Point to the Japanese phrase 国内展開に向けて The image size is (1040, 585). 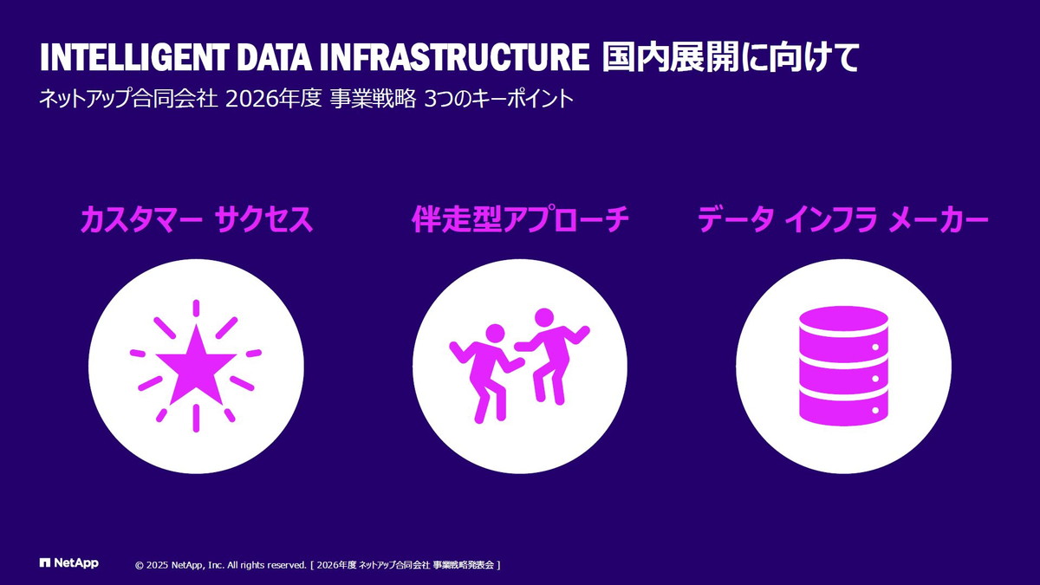click(731, 57)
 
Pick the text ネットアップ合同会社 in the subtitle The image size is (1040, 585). click(127, 99)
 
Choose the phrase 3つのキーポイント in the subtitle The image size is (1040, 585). click(499, 99)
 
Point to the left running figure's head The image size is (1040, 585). click(495, 334)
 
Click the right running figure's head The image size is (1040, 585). click(544, 317)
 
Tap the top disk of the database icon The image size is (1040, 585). click(843, 321)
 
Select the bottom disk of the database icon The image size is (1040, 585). click(843, 406)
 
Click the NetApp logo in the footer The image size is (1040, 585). click(69, 563)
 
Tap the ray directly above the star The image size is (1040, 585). click(195, 308)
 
